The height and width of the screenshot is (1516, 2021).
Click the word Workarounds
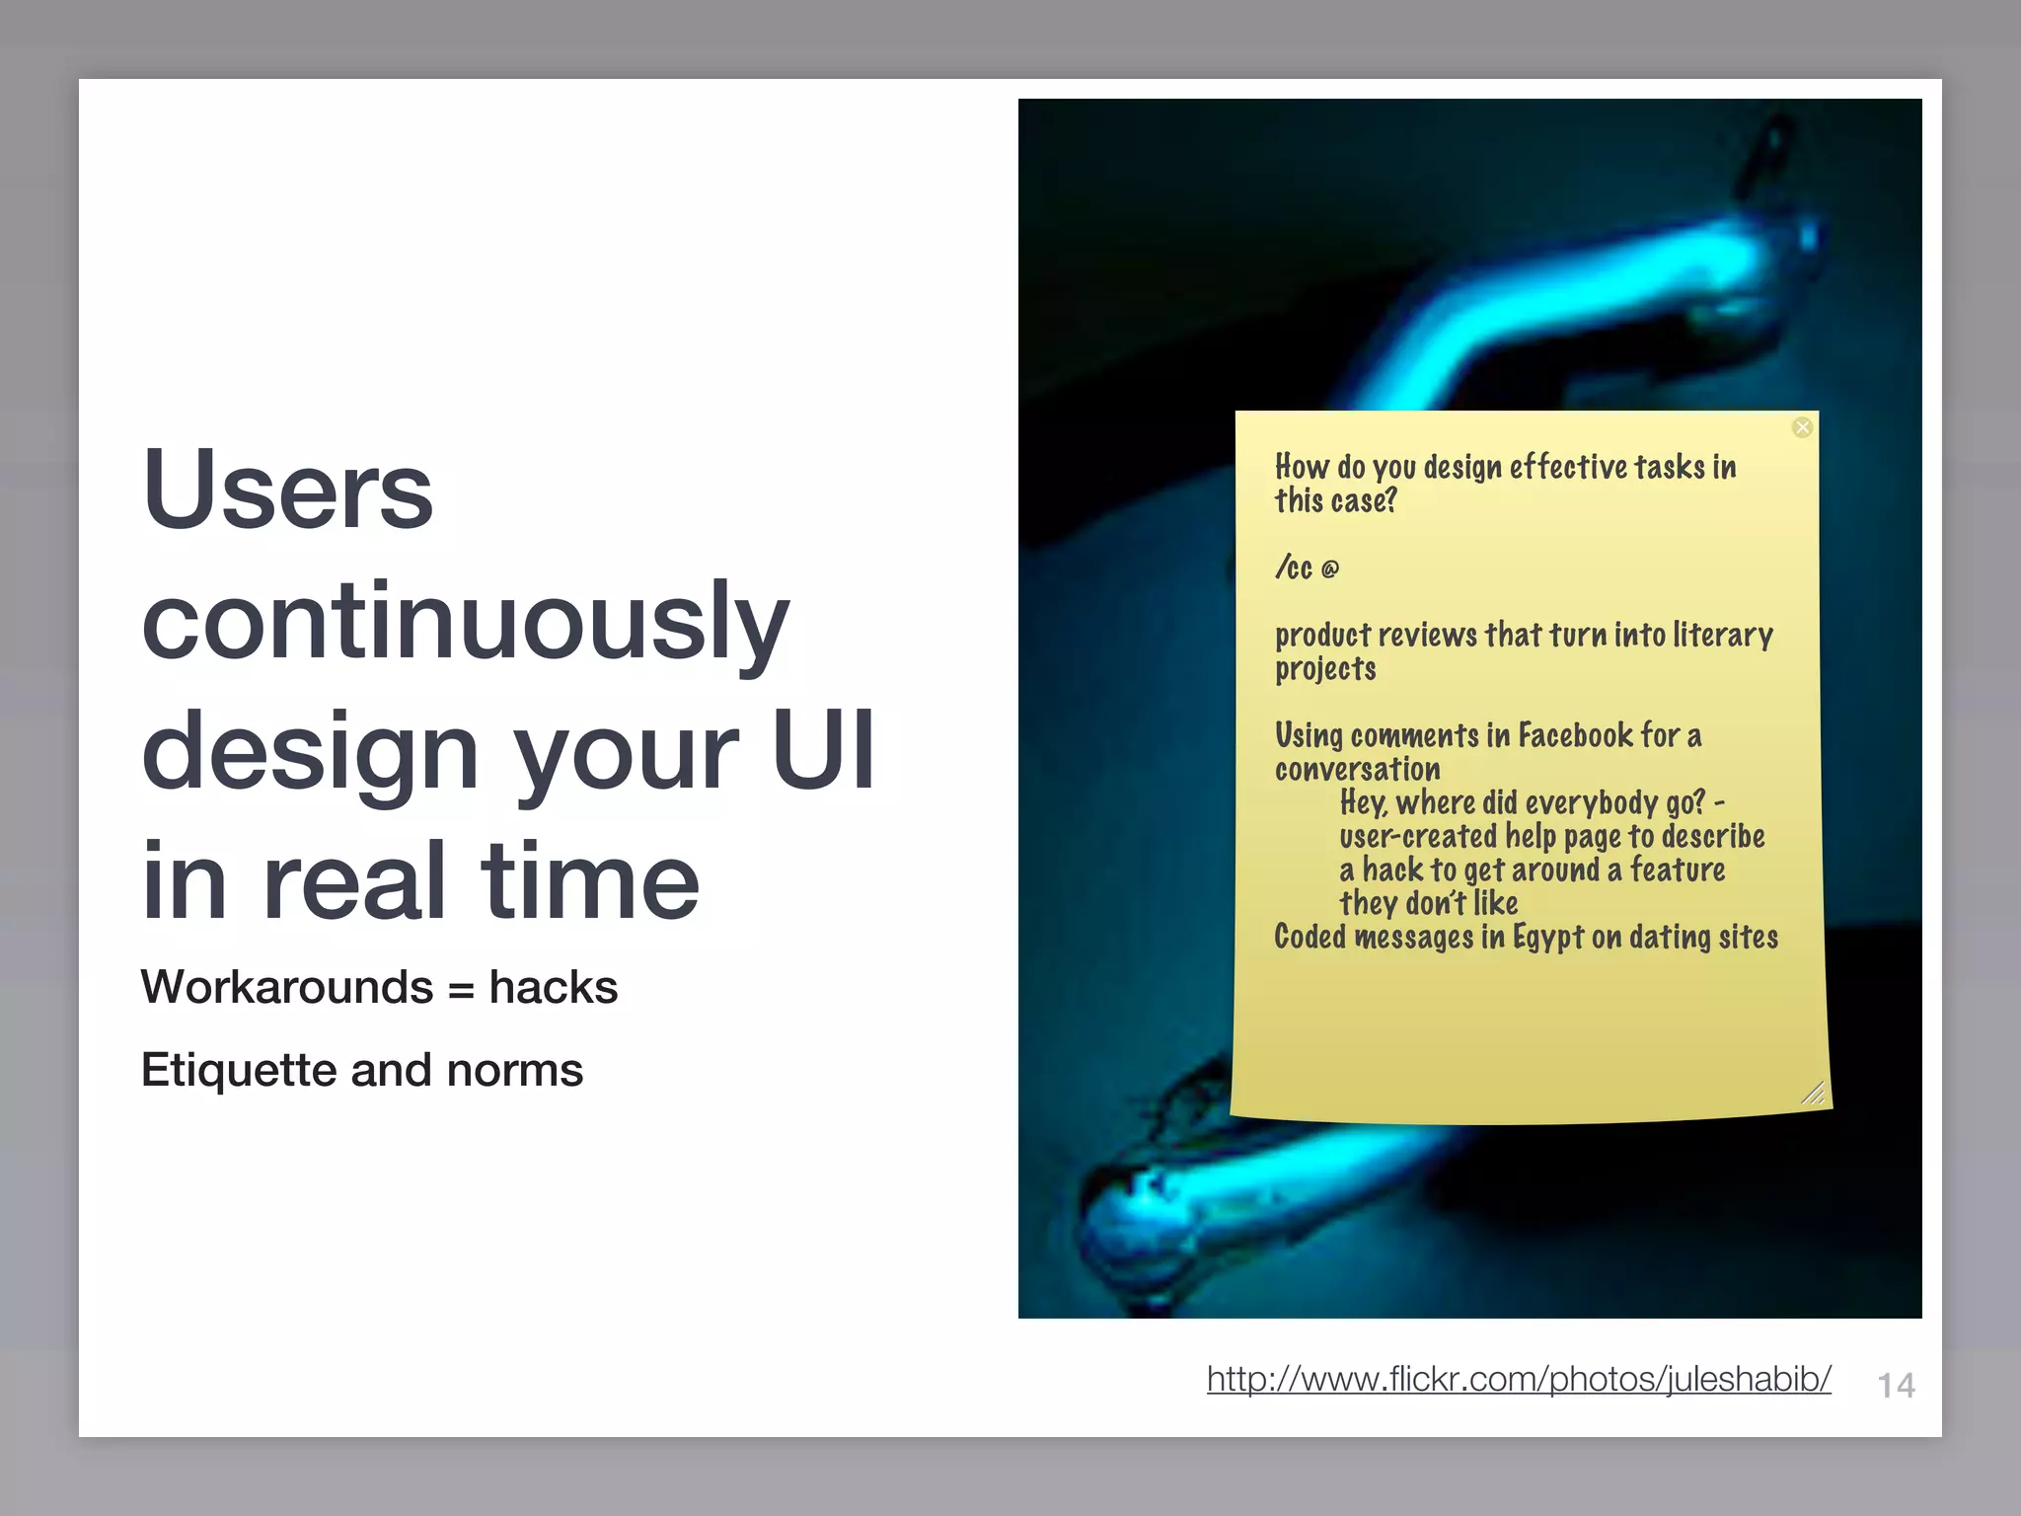287,987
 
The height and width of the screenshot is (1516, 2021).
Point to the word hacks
553,987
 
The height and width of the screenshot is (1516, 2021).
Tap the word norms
514,1070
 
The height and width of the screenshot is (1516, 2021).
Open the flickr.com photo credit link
1518,1378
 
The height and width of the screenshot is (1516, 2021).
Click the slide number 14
1895,1386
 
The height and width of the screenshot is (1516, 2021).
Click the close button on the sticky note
1802,427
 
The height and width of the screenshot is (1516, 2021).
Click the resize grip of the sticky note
1812,1092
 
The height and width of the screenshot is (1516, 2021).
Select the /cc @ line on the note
1307,568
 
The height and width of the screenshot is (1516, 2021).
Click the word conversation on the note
1357,769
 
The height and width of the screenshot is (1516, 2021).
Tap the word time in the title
589,880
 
